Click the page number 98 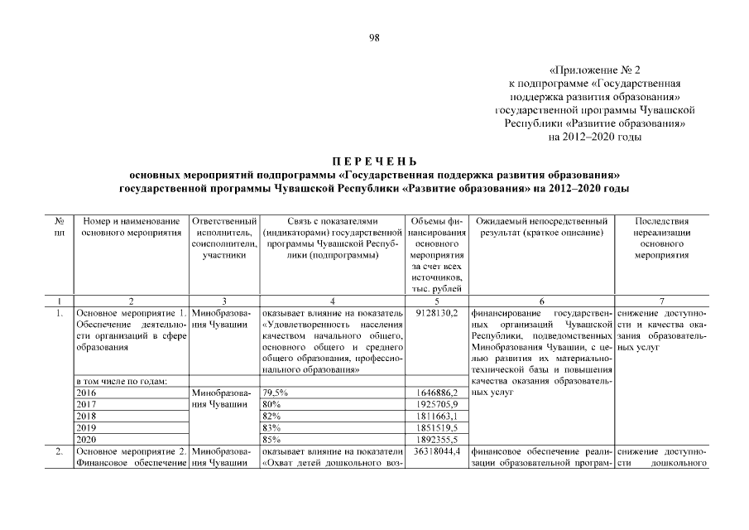[x=374, y=37]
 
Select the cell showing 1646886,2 [x=435, y=393]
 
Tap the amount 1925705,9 [x=435, y=404]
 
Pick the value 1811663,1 [x=435, y=416]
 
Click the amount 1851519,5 [x=435, y=427]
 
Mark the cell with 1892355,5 [x=435, y=439]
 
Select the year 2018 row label [x=86, y=416]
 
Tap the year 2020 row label [x=86, y=439]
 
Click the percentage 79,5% [x=275, y=393]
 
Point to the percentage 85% [x=271, y=439]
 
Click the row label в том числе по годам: [x=122, y=381]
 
